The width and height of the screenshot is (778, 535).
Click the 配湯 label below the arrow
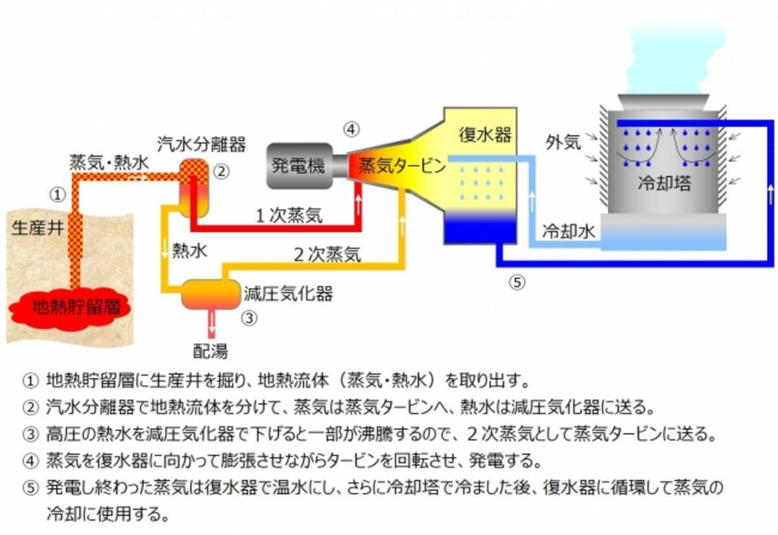[x=210, y=351]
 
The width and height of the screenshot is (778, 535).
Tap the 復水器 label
[x=486, y=136]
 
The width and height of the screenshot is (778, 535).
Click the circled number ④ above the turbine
[x=350, y=129]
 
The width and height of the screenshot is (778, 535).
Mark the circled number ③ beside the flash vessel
[x=250, y=318]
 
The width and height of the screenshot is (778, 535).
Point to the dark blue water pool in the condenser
[x=479, y=230]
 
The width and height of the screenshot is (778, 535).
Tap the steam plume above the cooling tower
[x=668, y=58]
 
